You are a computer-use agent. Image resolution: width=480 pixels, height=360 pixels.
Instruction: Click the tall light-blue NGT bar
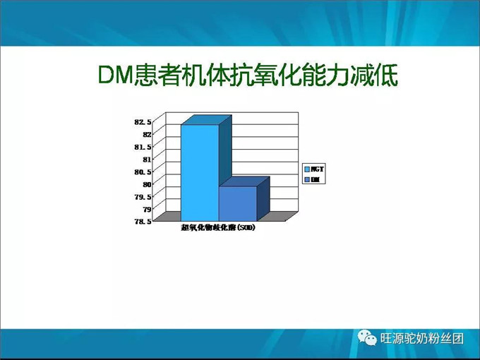(x=199, y=172)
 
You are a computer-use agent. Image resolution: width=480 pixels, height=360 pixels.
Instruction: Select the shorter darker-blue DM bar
(x=237, y=203)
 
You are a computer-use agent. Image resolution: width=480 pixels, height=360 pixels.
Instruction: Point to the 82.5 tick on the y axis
(x=143, y=122)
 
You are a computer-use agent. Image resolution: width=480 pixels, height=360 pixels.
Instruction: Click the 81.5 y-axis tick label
(x=143, y=147)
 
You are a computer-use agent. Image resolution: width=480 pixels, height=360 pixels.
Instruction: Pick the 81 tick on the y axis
(x=147, y=160)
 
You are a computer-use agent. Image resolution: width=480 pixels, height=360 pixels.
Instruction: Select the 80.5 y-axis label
(x=143, y=172)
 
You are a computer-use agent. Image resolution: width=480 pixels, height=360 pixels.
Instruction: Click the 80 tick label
(x=147, y=184)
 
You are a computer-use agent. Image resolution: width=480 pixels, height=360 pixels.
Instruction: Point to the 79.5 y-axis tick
(x=143, y=196)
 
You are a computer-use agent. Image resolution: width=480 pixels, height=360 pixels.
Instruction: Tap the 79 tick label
(x=147, y=209)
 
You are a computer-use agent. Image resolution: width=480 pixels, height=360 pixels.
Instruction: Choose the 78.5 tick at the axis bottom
(x=143, y=222)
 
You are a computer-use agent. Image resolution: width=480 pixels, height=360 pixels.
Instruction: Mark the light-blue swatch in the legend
(x=307, y=169)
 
